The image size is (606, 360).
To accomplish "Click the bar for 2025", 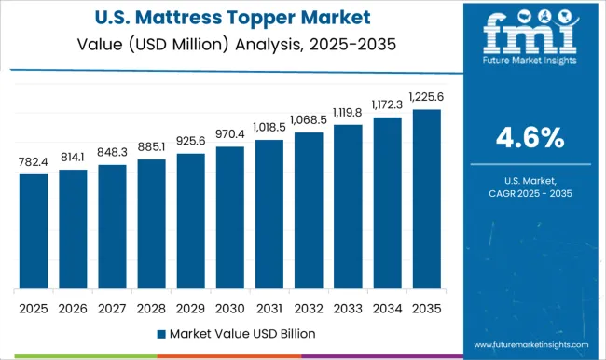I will click(x=34, y=230).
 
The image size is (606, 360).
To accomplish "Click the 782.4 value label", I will click(x=34, y=161).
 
